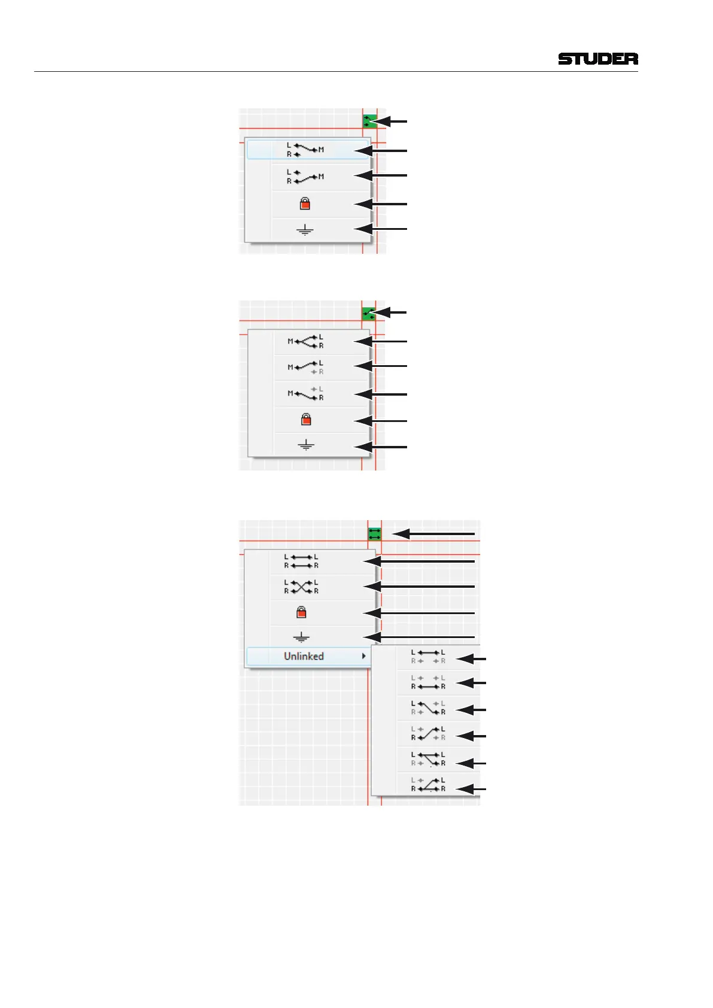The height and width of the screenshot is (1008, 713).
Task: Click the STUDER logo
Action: point(597,59)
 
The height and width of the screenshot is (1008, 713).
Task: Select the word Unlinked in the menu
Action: point(304,656)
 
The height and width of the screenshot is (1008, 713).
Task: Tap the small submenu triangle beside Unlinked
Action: point(363,656)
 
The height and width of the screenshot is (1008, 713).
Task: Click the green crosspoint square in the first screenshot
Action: point(369,121)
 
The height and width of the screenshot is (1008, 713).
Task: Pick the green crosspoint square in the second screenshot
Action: point(369,312)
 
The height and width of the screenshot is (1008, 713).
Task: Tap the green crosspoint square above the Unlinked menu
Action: point(375,533)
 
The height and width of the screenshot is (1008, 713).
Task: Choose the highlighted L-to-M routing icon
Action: point(305,150)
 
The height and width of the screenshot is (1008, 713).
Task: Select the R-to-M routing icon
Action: point(305,177)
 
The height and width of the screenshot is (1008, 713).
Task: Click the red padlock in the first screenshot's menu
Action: point(305,204)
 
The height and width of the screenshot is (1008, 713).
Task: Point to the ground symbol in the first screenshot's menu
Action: point(305,230)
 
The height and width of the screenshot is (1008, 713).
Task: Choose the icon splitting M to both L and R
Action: point(306,341)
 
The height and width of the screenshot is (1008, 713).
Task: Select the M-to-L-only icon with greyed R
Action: point(306,367)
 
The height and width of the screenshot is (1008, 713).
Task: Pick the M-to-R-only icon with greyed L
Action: point(306,393)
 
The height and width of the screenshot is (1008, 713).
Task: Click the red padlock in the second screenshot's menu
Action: point(306,420)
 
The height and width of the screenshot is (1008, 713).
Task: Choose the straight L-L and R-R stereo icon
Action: point(301,561)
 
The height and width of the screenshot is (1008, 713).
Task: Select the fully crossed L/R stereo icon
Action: point(301,587)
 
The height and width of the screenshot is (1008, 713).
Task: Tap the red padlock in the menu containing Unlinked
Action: point(301,612)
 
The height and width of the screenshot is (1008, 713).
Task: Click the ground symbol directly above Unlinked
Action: point(301,637)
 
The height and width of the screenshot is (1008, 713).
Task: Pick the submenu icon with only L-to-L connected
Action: point(428,657)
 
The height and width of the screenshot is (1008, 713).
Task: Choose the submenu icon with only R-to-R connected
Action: point(428,682)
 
